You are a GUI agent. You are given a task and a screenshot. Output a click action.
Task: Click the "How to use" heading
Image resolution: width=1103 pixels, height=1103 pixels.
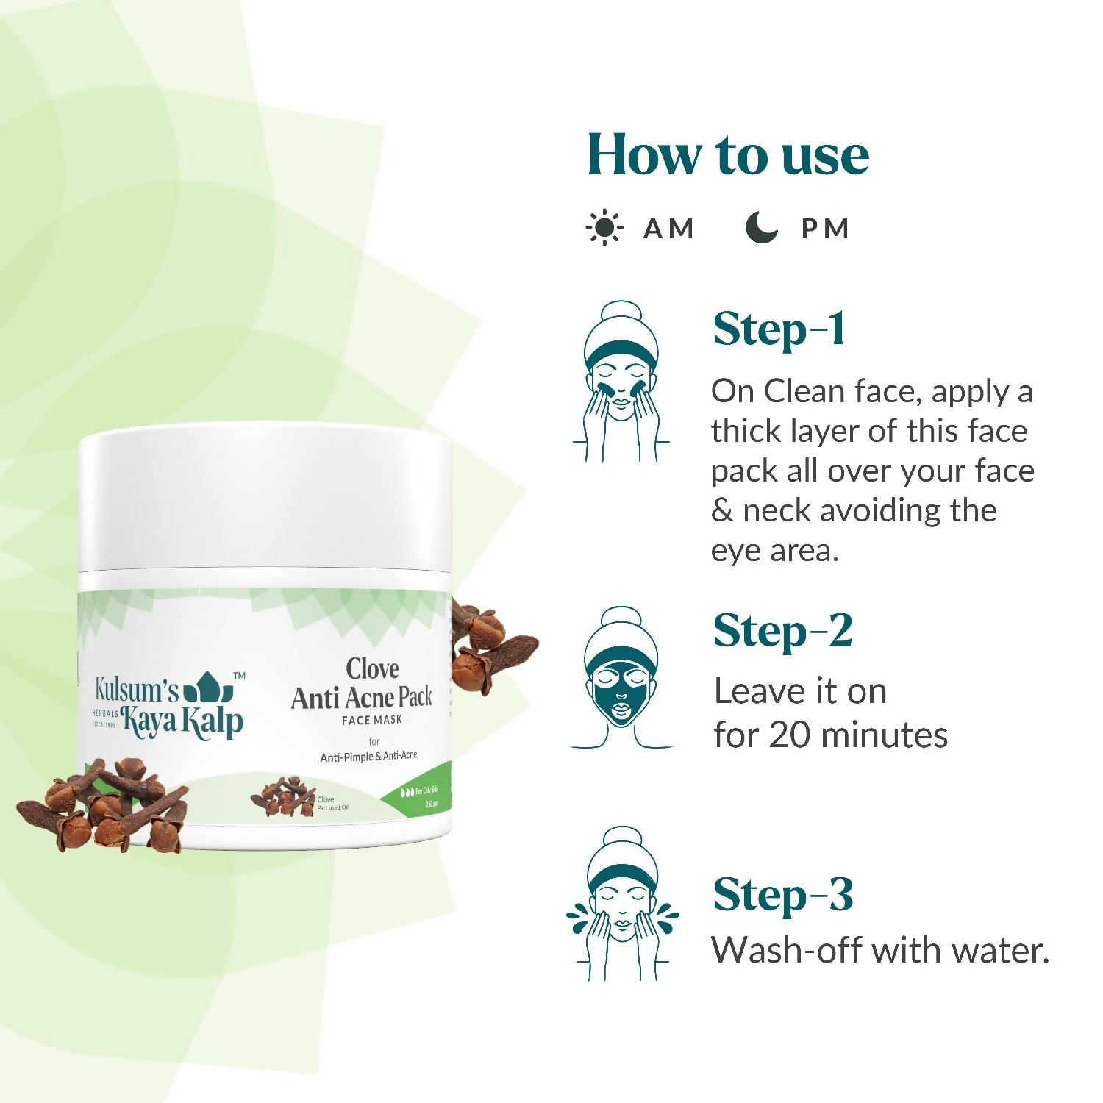727,155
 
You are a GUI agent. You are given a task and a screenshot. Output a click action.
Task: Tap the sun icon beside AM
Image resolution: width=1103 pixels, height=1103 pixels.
604,228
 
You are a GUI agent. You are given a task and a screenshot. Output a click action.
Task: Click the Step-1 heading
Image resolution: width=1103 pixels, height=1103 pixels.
779,329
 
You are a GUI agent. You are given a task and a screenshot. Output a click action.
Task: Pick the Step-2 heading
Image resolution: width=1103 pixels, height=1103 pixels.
782,631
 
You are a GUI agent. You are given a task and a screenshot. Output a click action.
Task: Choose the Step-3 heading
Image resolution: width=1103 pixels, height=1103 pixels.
782,895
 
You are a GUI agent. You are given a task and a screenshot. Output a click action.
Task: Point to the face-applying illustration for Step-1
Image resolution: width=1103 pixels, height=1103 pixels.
621,382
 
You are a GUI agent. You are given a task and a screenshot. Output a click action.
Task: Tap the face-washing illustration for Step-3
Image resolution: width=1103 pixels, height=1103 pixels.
622,904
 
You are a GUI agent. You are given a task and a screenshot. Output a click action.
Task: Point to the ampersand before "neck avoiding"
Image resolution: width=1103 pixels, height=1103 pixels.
722,510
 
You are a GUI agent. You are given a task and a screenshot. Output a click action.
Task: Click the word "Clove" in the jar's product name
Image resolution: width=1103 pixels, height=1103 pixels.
373,668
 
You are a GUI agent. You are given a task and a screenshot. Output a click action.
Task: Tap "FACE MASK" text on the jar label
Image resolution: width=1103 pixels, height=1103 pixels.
372,720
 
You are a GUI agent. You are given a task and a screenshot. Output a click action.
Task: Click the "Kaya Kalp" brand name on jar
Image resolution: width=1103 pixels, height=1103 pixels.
182,721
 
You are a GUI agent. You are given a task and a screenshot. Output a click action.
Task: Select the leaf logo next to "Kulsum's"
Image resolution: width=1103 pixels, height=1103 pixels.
208,688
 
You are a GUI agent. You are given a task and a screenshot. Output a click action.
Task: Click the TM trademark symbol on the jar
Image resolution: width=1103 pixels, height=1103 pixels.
239,675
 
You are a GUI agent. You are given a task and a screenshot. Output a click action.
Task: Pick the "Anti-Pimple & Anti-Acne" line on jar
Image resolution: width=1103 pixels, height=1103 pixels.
368,756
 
